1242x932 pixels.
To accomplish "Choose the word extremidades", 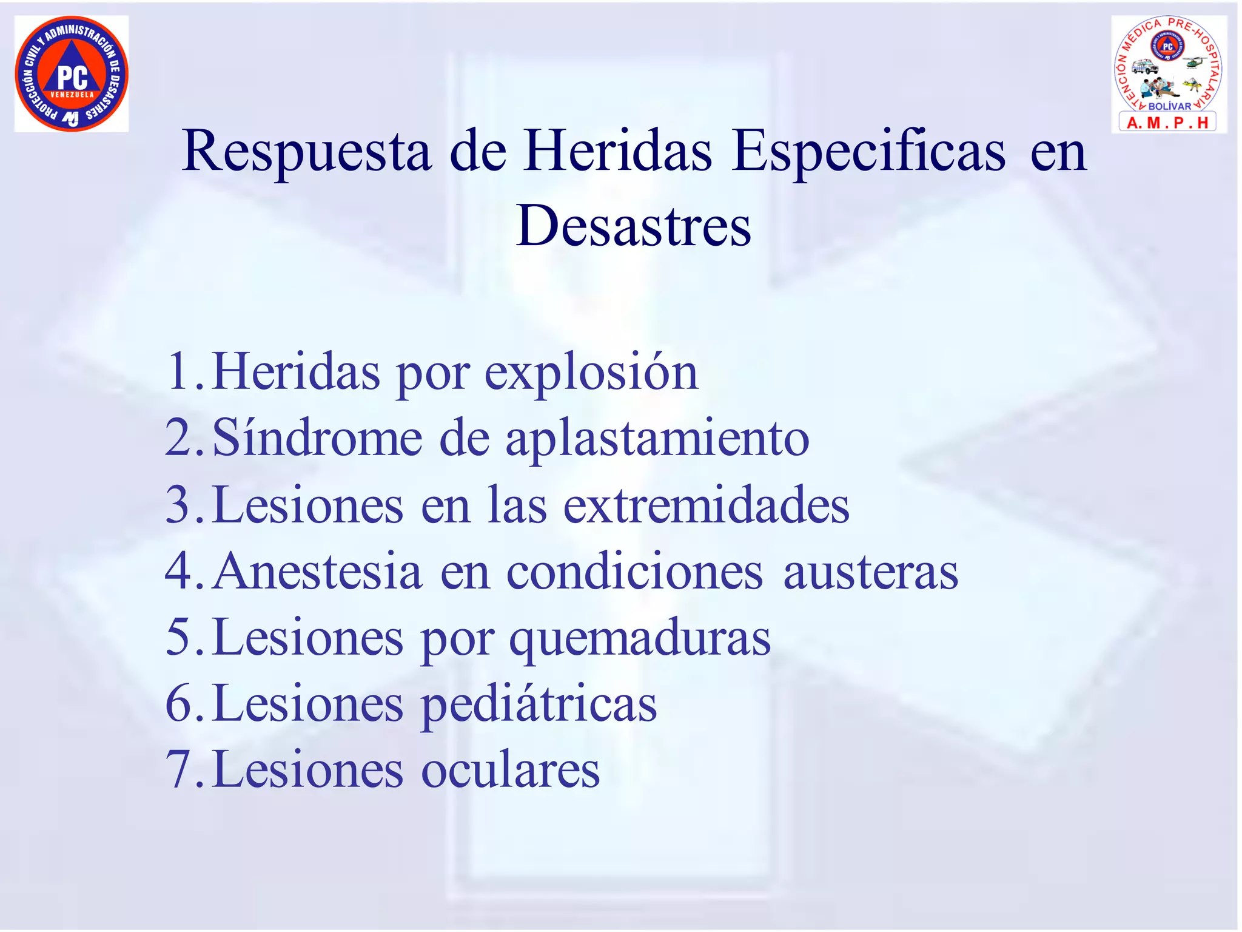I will [707, 505].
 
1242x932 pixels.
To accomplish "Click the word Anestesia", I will [318, 572].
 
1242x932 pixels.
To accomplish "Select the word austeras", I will [871, 573].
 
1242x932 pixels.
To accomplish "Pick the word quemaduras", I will [640, 640].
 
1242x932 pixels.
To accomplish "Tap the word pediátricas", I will [539, 706].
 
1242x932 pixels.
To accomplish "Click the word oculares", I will [510, 771].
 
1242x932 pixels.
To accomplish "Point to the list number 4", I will [178, 572].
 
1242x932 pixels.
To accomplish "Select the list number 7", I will [178, 771].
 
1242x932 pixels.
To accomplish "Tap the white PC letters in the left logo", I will [72, 78].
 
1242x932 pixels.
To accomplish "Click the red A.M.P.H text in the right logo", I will [1167, 123].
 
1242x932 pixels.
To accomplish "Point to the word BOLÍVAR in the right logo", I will [1169, 106].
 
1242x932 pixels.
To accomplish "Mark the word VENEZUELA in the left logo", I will [72, 95].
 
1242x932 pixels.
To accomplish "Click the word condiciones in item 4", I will [634, 572].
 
